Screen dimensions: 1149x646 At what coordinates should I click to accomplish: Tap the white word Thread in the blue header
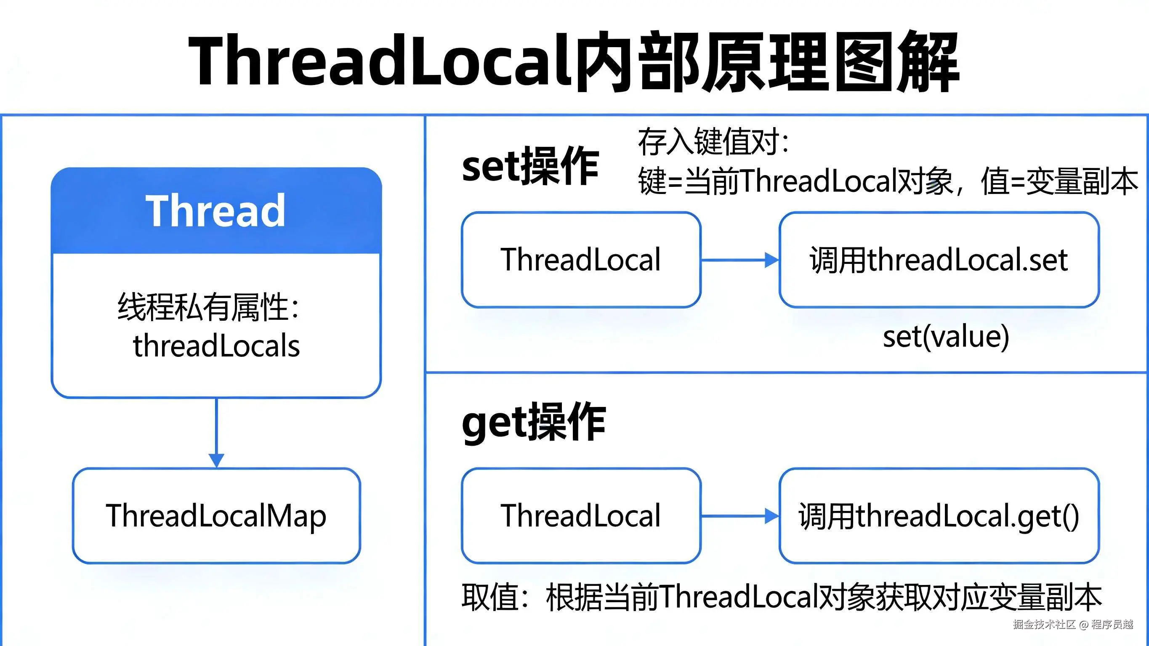pyautogui.click(x=215, y=211)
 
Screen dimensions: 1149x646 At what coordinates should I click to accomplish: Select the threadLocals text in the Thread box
pyautogui.click(x=216, y=346)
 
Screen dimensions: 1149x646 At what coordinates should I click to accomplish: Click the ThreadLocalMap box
pyautogui.click(x=216, y=516)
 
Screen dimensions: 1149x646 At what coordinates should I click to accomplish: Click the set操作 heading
pyautogui.click(x=530, y=166)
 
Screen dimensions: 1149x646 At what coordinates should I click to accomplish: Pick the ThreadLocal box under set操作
pyautogui.click(x=581, y=260)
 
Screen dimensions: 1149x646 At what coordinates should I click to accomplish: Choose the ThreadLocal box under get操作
pyautogui.click(x=581, y=516)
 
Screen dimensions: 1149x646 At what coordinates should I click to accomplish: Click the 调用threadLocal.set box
pyautogui.click(x=939, y=260)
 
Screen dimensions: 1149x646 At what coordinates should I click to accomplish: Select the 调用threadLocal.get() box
pyautogui.click(x=939, y=516)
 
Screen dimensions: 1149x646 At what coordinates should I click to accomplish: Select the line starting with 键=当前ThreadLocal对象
pyautogui.click(x=888, y=181)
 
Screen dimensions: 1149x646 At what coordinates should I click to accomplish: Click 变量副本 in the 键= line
pyautogui.click(x=1082, y=181)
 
